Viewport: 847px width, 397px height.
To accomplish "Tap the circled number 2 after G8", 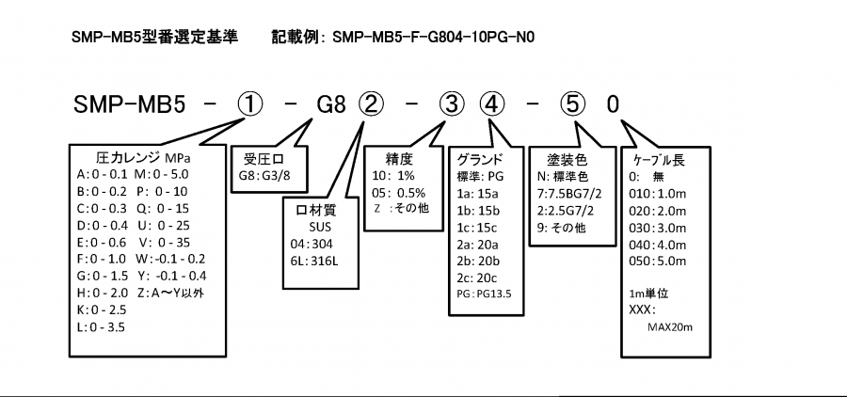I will point(371,103).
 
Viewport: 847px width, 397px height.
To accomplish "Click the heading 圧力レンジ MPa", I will point(142,156).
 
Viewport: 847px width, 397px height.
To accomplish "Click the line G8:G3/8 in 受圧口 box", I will point(266,174).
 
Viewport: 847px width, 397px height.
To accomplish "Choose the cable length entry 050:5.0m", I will point(653,259).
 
